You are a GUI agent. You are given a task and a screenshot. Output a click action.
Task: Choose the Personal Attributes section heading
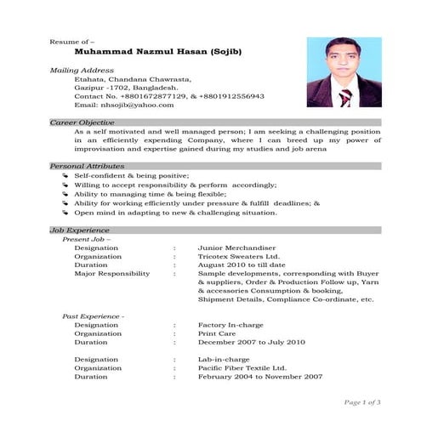pos(88,165)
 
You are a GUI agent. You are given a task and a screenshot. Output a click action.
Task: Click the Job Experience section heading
pos(80,230)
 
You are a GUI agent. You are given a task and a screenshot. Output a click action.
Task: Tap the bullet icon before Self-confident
pos(65,174)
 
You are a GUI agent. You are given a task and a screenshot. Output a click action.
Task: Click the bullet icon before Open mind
pos(65,213)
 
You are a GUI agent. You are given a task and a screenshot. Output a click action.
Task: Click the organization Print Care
pos(216,334)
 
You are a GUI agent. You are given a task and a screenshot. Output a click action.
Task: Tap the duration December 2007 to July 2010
pos(251,343)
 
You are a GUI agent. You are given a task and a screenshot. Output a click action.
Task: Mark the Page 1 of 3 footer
pos(361,401)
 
